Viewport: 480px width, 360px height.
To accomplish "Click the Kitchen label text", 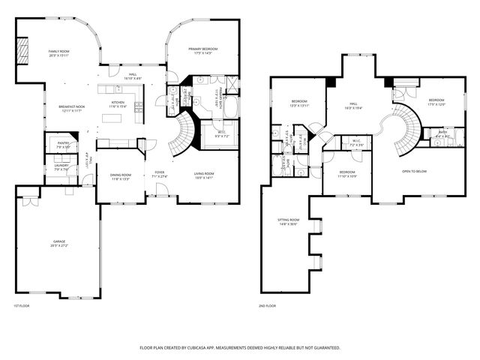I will (118, 102).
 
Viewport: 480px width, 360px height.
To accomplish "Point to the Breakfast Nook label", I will (71, 107).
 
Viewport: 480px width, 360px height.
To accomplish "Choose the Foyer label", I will (160, 172).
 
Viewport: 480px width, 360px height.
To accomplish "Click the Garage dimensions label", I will (58, 245).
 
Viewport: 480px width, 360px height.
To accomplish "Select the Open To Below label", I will (414, 172).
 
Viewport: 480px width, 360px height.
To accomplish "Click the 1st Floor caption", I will (21, 306).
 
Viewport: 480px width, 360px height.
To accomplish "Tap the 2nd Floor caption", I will (267, 306).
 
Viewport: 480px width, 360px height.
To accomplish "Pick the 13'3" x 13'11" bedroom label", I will (298, 103).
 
